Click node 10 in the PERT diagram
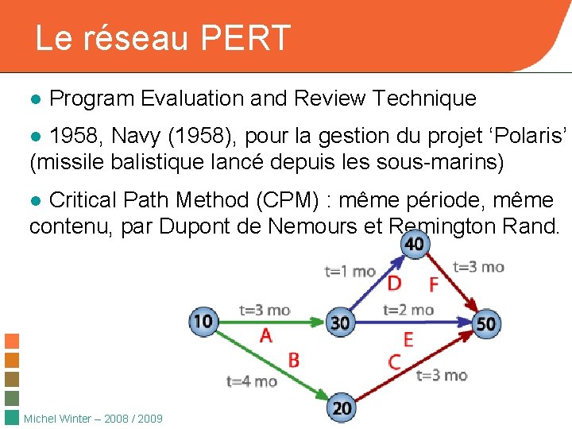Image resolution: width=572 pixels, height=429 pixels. click(203, 322)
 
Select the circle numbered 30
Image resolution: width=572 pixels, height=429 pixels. click(340, 323)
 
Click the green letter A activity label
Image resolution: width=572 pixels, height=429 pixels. click(265, 336)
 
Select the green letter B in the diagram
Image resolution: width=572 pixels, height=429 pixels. click(293, 360)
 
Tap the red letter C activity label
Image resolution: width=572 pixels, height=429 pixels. click(395, 362)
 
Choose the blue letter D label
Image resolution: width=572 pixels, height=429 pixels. click(393, 284)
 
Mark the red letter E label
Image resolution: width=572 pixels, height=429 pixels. click(408, 339)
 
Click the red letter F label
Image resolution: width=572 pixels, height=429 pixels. click(433, 284)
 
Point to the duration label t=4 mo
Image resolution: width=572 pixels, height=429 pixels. click(252, 381)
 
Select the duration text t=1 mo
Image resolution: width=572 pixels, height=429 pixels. click(350, 272)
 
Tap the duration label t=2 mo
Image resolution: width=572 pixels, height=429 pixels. click(408, 310)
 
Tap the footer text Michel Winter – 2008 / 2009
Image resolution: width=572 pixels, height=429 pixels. click(94, 419)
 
